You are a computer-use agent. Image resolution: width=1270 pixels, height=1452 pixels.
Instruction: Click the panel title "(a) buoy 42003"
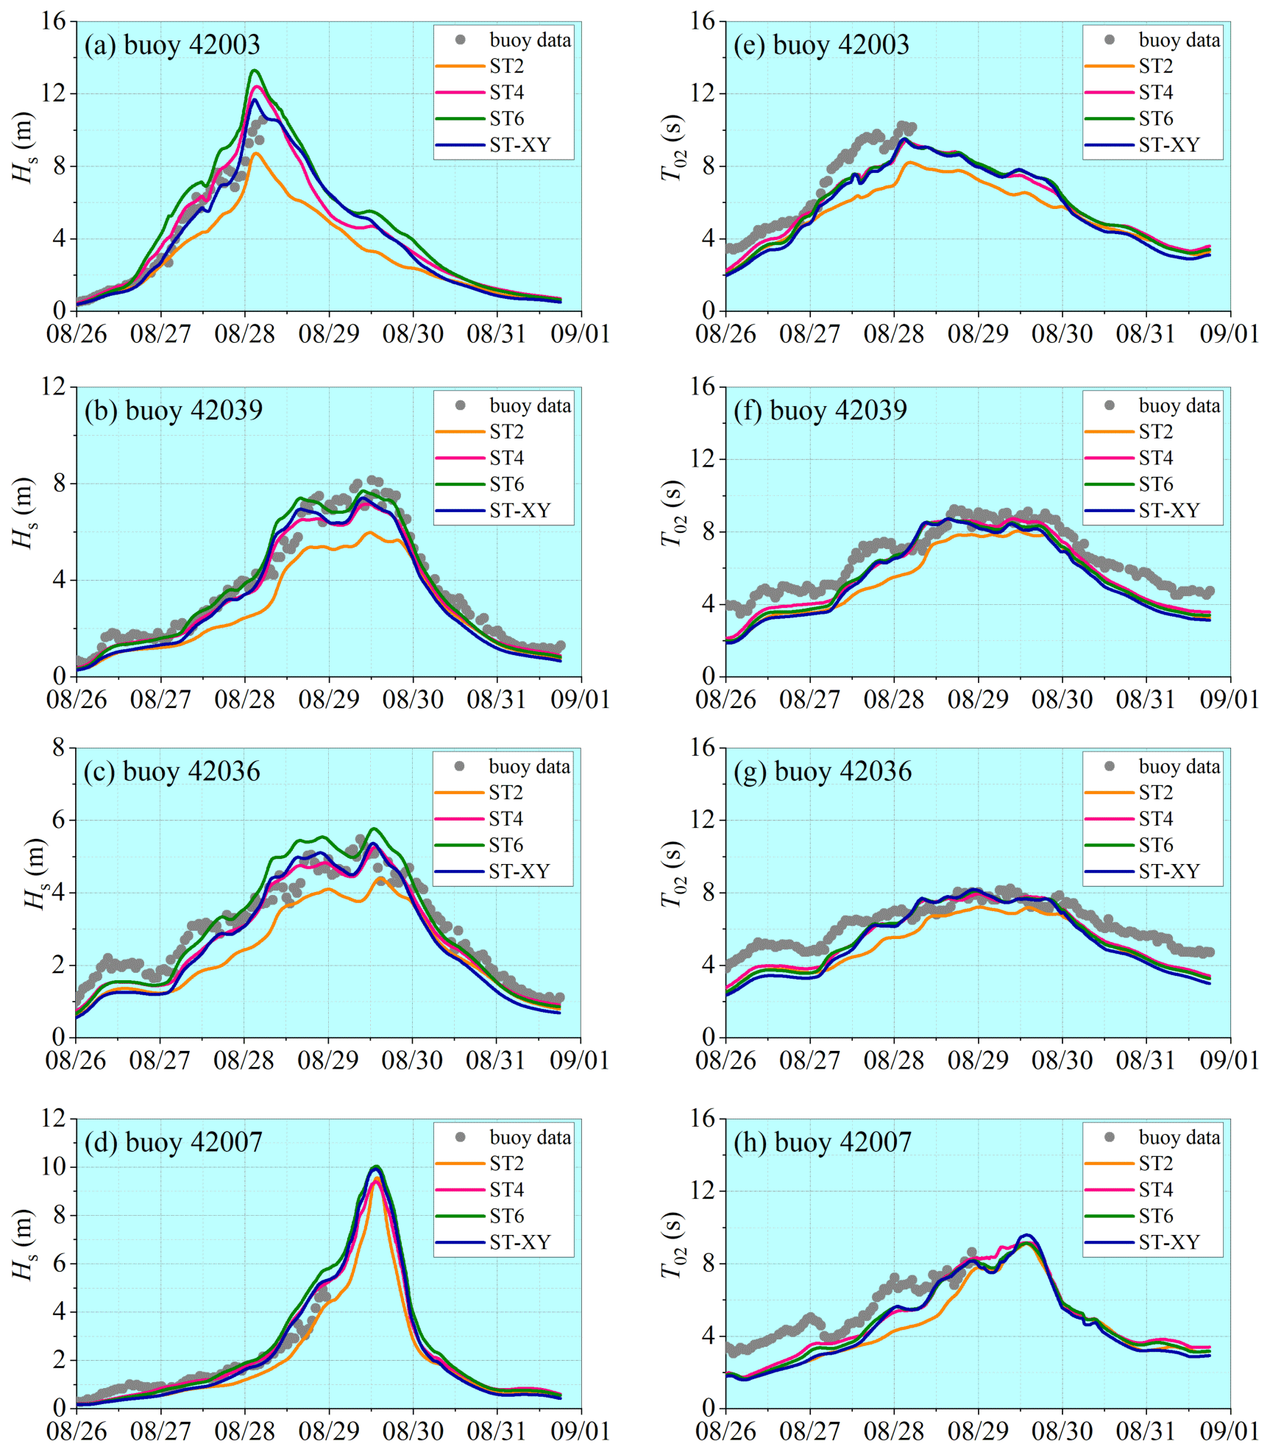click(172, 46)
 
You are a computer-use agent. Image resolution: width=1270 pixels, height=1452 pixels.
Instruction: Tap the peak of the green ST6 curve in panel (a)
click(255, 71)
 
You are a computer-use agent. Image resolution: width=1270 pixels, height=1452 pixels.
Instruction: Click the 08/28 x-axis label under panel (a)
click(244, 335)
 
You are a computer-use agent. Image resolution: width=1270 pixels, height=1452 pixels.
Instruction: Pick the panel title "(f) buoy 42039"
click(820, 411)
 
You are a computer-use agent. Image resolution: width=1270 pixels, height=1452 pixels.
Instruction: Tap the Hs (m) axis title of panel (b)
click(24, 513)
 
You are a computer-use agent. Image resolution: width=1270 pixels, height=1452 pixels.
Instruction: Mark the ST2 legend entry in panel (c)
click(505, 793)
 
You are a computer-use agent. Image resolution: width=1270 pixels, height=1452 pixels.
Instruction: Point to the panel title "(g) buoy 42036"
click(822, 772)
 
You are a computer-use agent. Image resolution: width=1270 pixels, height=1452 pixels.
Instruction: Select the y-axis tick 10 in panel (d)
click(54, 1167)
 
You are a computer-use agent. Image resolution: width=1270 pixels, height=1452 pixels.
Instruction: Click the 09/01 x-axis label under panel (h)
click(1229, 1431)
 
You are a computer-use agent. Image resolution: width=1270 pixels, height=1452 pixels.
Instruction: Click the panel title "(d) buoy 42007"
click(173, 1143)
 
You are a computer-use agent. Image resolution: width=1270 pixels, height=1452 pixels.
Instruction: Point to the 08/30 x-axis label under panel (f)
click(1062, 700)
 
